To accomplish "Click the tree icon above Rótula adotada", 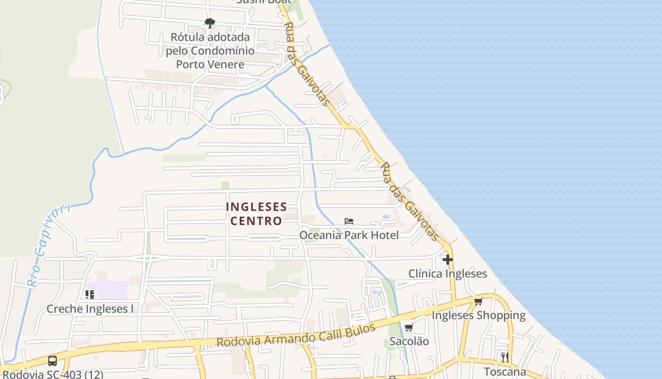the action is click(x=209, y=23).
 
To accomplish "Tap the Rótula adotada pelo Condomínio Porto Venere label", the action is click(x=210, y=51).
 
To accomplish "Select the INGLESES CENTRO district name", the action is click(x=256, y=214).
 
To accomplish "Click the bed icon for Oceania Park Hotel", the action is click(x=349, y=221).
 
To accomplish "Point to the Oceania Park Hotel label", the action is click(x=349, y=235).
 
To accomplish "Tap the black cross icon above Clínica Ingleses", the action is click(x=447, y=260).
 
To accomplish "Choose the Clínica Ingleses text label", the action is click(x=447, y=273).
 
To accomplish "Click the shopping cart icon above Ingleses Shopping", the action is click(x=478, y=302).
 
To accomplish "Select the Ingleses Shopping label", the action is click(x=479, y=316).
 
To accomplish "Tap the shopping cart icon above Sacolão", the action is click(x=409, y=327).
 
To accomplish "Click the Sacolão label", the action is click(x=409, y=341).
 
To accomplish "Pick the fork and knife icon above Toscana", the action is click(x=505, y=357).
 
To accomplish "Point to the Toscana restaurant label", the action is click(x=505, y=371).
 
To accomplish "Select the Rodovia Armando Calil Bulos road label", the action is click(x=296, y=335).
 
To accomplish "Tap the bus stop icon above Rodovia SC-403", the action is click(x=52, y=361).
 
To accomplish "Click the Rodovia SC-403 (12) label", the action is click(x=52, y=374).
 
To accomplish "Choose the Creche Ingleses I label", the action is click(x=90, y=309).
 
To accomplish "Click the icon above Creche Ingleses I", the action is click(x=90, y=295).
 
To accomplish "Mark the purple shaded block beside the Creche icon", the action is click(x=113, y=289).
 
